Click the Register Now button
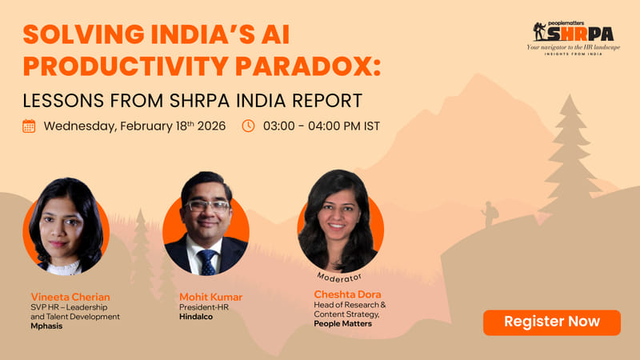coord(552,322)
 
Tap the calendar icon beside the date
coord(29,126)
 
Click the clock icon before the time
coord(248,126)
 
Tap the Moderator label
coord(340,275)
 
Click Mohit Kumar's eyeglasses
coord(206,205)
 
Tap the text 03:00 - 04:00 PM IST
coord(321,126)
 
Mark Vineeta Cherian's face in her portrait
coord(63,228)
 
